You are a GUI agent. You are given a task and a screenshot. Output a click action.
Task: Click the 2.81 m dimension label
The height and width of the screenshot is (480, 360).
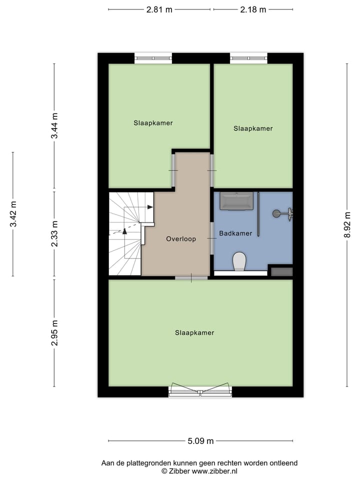pyautogui.click(x=159, y=9)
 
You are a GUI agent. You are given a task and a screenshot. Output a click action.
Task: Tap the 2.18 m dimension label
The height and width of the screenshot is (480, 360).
pyautogui.click(x=253, y=9)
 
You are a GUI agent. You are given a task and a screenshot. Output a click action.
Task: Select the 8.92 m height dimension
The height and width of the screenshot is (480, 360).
pyautogui.click(x=347, y=225)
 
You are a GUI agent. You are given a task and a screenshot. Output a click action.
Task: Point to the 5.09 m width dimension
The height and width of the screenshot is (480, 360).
pyautogui.click(x=200, y=441)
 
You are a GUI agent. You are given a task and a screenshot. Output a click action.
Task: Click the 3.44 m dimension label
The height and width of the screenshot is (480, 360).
pyautogui.click(x=54, y=127)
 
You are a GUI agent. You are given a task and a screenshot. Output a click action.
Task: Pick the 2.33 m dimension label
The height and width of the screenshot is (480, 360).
pyautogui.click(x=54, y=234)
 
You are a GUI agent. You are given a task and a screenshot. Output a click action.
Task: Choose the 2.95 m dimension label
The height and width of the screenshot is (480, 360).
pyautogui.click(x=54, y=332)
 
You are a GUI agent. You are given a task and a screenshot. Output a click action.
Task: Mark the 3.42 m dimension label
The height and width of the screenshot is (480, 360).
pyautogui.click(x=13, y=214)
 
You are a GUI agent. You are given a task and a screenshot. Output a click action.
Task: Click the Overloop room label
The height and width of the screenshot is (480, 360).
pyautogui.click(x=181, y=239)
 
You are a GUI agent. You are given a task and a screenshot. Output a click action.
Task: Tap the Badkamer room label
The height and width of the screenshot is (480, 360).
pyautogui.click(x=235, y=233)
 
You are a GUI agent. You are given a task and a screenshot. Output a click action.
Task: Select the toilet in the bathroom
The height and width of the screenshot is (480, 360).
pyautogui.click(x=239, y=261)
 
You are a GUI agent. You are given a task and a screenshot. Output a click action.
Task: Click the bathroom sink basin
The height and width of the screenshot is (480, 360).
pyautogui.click(x=237, y=201)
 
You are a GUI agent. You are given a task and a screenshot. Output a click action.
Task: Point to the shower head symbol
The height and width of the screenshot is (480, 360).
pyautogui.click(x=276, y=213)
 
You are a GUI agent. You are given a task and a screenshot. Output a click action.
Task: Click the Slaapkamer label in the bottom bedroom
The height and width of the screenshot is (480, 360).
pyautogui.click(x=194, y=332)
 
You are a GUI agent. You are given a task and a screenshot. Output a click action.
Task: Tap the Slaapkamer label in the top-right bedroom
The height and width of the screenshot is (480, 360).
pyautogui.click(x=253, y=128)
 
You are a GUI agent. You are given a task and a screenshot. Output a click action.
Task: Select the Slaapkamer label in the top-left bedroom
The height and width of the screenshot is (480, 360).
pyautogui.click(x=153, y=122)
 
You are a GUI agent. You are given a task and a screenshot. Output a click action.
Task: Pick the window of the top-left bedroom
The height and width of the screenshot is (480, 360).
pyautogui.click(x=153, y=58)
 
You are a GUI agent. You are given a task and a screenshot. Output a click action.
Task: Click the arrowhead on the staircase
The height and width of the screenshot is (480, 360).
pyautogui.click(x=150, y=207)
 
